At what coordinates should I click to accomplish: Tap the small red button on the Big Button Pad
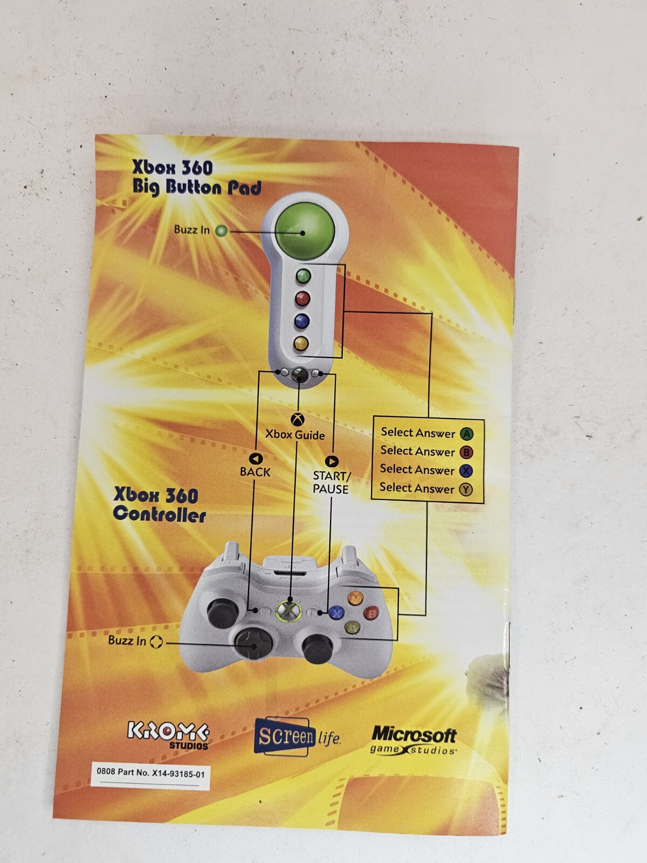coord(302,298)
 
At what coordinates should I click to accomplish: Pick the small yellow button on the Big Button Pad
coord(301,343)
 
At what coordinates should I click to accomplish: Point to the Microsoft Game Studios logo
coord(414,739)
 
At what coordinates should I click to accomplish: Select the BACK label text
coord(255,472)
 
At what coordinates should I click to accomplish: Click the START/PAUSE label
coord(331,482)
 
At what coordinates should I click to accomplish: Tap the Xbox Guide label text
coord(295,435)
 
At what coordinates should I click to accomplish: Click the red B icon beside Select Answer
coord(466,453)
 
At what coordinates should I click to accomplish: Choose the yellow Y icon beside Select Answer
coord(465,490)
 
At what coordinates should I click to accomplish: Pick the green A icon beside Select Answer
coord(466,434)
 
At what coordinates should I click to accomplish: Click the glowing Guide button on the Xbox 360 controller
coord(289,611)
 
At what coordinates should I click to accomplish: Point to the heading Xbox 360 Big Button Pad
coord(197,177)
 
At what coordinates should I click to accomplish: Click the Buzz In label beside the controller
coord(127,641)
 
